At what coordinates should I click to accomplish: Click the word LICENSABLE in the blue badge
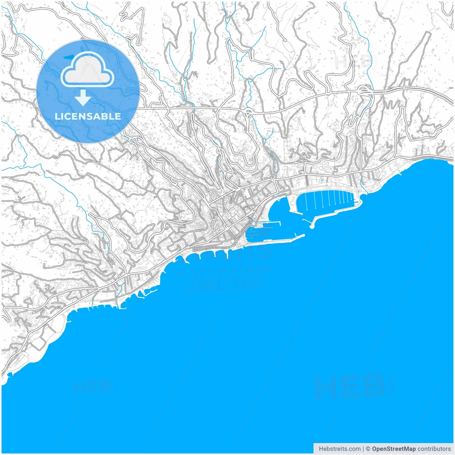click(88, 116)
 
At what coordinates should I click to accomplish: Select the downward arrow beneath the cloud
click(83, 98)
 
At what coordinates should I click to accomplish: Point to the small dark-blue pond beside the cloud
click(68, 57)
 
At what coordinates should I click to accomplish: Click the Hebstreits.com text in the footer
click(339, 449)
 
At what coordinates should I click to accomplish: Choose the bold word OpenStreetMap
click(394, 449)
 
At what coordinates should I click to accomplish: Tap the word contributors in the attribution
click(434, 449)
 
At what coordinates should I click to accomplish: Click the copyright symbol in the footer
click(368, 449)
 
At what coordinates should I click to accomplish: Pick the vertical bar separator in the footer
click(363, 449)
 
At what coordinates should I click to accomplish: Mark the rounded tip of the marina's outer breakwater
click(312, 226)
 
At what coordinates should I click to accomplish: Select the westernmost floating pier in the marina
click(305, 200)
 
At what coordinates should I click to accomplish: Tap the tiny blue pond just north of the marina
click(322, 180)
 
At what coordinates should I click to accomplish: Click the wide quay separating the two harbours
click(292, 203)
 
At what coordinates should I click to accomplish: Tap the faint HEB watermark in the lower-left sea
click(92, 386)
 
